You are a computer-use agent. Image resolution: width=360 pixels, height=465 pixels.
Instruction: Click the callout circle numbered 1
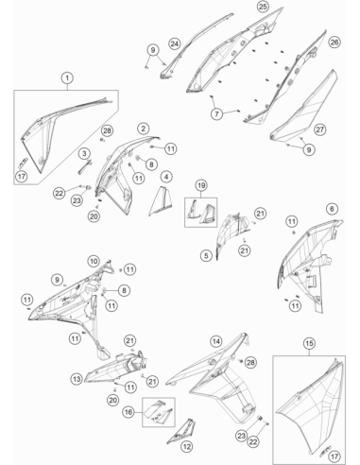tap(67, 77)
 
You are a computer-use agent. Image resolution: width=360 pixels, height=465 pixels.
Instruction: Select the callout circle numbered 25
tap(263, 6)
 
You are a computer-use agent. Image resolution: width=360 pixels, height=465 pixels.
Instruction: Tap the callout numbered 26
tap(334, 42)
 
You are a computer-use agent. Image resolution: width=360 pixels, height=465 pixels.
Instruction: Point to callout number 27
tap(319, 129)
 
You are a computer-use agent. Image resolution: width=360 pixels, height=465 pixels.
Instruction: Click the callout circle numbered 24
tap(175, 43)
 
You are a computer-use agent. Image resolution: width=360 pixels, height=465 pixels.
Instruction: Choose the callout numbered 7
tap(216, 113)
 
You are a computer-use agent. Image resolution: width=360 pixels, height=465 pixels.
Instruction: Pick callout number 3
tap(84, 153)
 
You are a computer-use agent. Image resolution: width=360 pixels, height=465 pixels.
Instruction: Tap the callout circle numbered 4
tap(166, 177)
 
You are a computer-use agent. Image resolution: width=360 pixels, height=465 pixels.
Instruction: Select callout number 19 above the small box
tap(201, 185)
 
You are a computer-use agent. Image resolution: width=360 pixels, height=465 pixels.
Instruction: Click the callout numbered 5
tap(206, 255)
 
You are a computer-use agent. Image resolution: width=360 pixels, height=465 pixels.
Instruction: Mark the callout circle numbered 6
tap(332, 209)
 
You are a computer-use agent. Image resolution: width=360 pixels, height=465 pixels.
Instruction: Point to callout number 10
tap(94, 261)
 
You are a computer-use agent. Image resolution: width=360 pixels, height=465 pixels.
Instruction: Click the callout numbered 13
tap(77, 379)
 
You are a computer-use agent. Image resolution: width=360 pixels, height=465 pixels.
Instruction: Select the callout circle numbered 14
tap(215, 341)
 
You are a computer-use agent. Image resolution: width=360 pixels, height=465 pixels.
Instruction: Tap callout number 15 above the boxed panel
tap(309, 343)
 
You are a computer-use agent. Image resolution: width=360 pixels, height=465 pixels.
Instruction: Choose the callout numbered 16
tap(129, 412)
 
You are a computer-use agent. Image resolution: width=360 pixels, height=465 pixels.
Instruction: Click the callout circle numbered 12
tap(187, 446)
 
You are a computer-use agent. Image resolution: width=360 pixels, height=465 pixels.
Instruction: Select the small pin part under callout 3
tap(84, 167)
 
